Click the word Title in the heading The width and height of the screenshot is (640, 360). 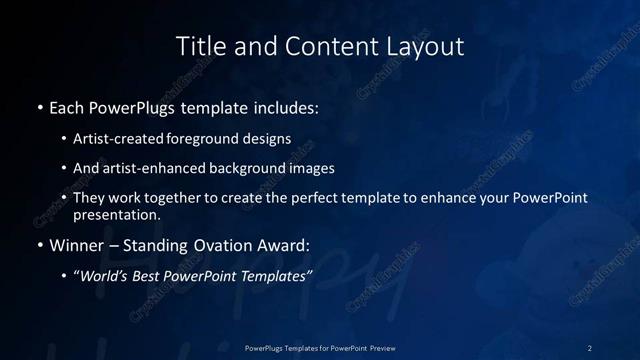[200, 46]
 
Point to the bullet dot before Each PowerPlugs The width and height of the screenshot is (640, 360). [39, 106]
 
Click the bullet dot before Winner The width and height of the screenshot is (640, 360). [39, 245]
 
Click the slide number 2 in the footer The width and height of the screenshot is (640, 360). [589, 348]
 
